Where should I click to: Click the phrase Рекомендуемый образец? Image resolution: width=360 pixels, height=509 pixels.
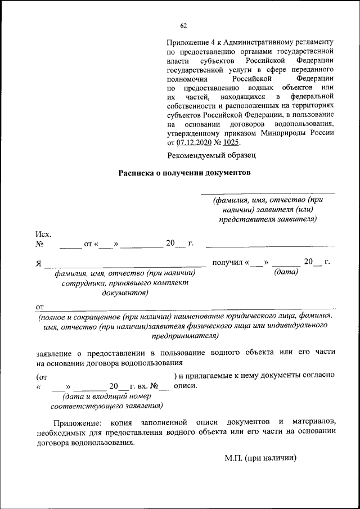click(211, 155)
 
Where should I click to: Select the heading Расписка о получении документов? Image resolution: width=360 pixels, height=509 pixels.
click(183, 173)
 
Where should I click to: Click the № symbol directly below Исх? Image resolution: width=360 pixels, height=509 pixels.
click(39, 244)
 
